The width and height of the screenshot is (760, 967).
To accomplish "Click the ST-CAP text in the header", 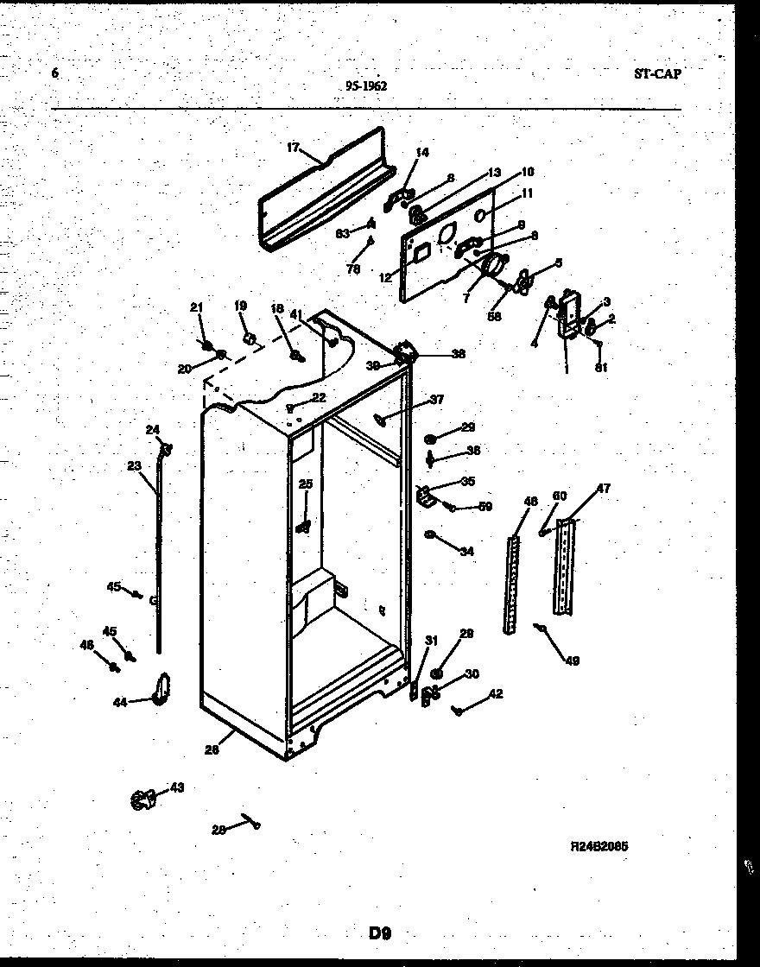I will coord(656,74).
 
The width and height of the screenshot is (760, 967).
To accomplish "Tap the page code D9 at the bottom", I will coord(380,932).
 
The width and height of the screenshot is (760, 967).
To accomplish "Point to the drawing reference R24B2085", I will coord(598,846).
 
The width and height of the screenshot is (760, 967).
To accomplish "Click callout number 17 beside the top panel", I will coord(293,148).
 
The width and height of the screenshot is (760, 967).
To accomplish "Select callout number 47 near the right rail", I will coord(603,489).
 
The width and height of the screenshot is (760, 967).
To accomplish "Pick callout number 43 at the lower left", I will coord(176,787).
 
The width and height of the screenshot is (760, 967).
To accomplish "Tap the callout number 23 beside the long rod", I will coord(134,465).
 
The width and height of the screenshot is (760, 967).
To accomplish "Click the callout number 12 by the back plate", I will coord(385,277).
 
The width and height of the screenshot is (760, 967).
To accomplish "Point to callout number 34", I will coord(466,551).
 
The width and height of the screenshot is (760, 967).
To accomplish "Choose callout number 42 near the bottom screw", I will coord(495,693).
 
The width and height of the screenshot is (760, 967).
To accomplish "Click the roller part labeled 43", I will coord(142,800).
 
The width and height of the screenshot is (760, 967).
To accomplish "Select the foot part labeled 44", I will coord(160,689).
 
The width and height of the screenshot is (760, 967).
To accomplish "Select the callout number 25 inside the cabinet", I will coord(305,483).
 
